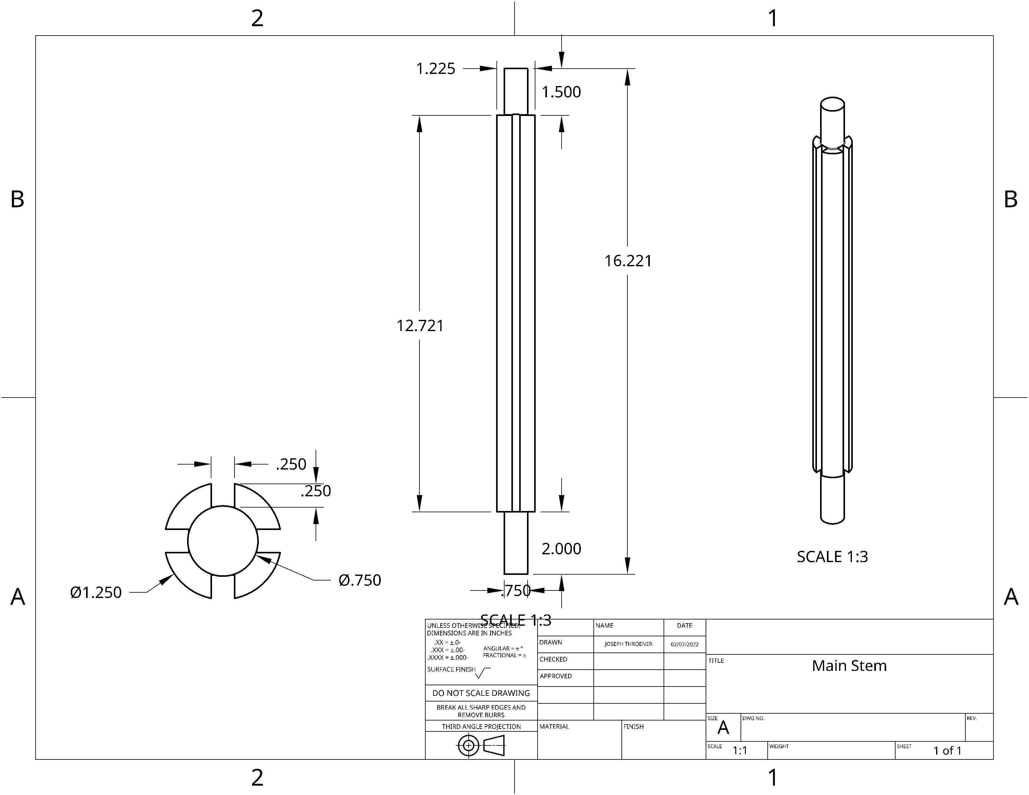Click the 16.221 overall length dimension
(628, 261)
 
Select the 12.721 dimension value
(420, 326)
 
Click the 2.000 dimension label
(561, 549)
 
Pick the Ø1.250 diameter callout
(96, 592)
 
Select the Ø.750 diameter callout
(360, 580)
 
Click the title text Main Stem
(849, 666)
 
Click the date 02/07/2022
(684, 644)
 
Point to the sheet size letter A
(723, 728)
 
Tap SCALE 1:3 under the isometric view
(832, 557)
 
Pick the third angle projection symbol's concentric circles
(468, 745)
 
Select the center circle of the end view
(223, 541)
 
